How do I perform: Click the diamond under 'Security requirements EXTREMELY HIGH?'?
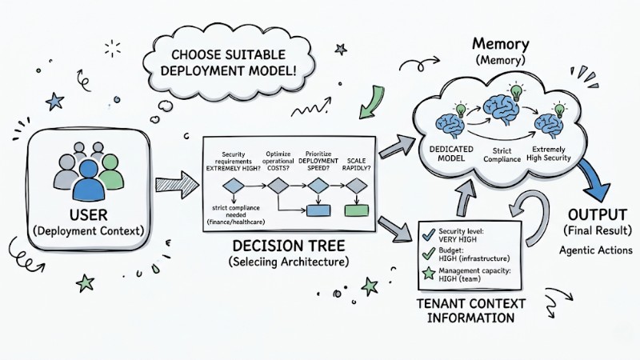point(234,186)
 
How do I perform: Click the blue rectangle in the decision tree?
point(319,210)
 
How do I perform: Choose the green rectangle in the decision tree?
point(355,210)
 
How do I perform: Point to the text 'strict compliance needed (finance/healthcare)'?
point(236,214)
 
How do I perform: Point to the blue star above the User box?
point(55,101)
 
